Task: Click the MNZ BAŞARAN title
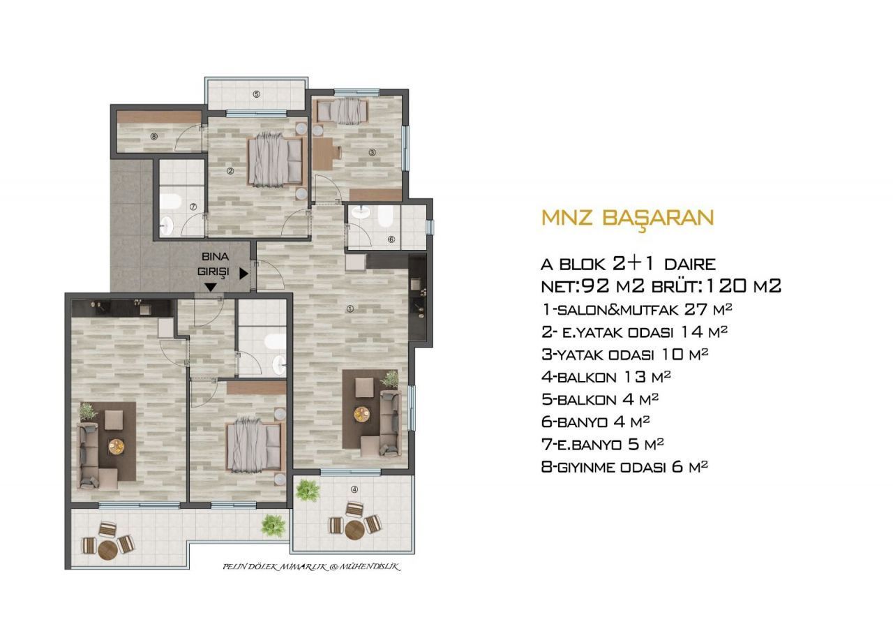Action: [627, 218]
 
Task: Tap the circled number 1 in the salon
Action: [350, 309]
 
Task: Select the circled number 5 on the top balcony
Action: [257, 94]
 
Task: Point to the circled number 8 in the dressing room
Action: [154, 136]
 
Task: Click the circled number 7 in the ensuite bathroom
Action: [193, 207]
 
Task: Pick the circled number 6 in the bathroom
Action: [391, 239]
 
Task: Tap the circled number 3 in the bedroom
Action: [372, 152]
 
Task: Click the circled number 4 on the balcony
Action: [354, 489]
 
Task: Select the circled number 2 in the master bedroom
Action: [230, 171]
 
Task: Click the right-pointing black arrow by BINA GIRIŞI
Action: [243, 274]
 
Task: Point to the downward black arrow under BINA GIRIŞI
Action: [211, 287]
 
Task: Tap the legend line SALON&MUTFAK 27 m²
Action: [637, 310]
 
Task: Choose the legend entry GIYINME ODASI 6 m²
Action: [624, 467]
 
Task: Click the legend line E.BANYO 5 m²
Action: [602, 445]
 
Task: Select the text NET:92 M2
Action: [593, 285]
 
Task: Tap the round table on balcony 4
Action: [353, 530]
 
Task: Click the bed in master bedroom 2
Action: [275, 161]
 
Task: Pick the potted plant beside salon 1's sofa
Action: [390, 378]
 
